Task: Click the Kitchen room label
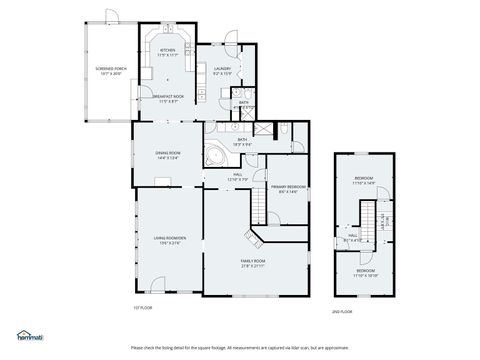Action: tap(167, 52)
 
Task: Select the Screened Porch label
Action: tap(109, 71)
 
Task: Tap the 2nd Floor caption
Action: tap(342, 311)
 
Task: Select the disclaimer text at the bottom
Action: tap(240, 348)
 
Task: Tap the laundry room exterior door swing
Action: tap(231, 37)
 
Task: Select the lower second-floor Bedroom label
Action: tap(364, 272)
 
